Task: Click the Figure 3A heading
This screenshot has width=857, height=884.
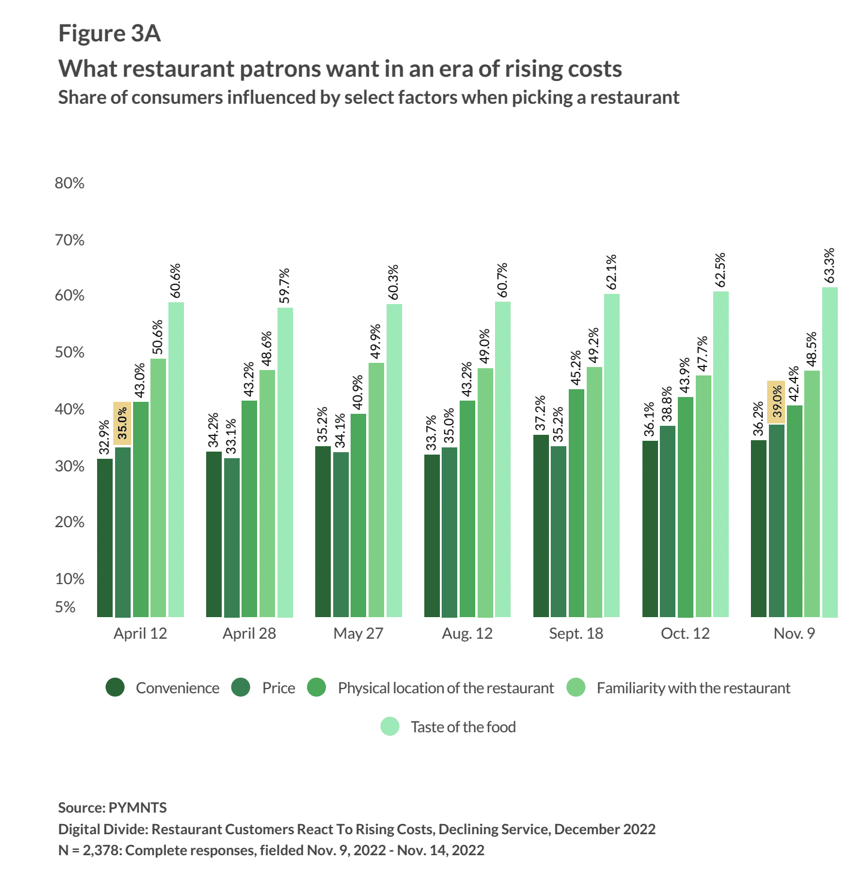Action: [110, 34]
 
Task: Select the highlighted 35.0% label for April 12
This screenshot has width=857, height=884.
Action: [122, 423]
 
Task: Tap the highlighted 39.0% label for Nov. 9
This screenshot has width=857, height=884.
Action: [777, 402]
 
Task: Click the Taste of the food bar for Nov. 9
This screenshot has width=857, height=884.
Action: [830, 452]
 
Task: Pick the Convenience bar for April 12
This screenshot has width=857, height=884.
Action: [105, 538]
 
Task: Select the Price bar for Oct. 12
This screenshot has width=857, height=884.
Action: [668, 521]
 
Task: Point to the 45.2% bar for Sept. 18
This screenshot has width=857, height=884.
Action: [577, 503]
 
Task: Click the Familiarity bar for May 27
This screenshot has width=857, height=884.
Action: [376, 490]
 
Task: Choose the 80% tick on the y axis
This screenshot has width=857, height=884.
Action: [70, 184]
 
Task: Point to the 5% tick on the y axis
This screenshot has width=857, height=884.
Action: [65, 608]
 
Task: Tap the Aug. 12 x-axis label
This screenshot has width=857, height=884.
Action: [467, 634]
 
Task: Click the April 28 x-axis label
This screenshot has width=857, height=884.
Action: [249, 634]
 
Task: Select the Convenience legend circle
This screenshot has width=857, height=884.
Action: [115, 688]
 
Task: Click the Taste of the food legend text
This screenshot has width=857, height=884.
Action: [463, 727]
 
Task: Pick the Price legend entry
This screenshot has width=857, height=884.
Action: [278, 688]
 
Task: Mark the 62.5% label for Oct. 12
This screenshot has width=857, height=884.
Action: [720, 270]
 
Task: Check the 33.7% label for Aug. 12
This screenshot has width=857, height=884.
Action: [431, 433]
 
